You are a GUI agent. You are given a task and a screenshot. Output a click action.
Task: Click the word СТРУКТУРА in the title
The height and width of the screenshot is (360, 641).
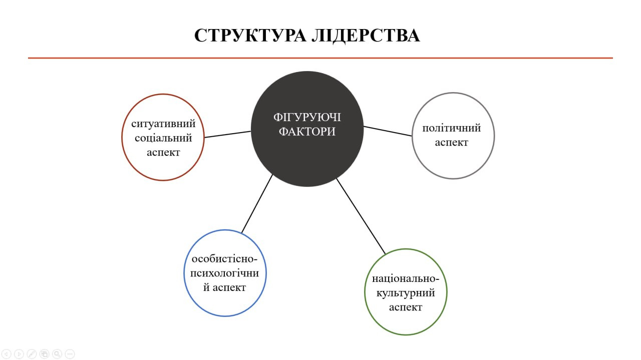click(250, 36)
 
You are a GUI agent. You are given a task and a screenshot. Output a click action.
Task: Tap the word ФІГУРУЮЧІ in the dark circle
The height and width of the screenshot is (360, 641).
click(307, 117)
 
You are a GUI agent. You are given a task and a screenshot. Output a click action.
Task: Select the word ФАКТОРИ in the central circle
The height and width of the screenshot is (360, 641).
click(307, 132)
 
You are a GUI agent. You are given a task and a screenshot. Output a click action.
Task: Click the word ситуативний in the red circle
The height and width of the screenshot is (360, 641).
click(163, 124)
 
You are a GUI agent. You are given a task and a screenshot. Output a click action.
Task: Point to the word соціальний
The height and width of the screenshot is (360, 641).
click(163, 138)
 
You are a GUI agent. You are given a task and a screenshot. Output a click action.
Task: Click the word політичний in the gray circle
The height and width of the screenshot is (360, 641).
click(452, 128)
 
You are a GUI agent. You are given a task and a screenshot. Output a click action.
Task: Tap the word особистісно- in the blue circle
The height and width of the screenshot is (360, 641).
click(225, 259)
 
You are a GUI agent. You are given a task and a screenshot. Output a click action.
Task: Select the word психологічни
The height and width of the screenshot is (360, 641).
click(225, 273)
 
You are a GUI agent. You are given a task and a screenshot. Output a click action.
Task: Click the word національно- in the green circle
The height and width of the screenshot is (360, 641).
click(406, 278)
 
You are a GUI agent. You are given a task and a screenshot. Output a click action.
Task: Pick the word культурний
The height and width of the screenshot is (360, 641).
click(406, 293)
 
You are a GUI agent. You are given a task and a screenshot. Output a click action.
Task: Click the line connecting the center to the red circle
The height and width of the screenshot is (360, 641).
click(228, 134)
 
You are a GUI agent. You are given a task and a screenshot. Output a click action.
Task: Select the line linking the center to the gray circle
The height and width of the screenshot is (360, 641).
click(388, 131)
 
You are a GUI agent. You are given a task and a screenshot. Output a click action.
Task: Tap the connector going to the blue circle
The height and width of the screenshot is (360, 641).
click(257, 204)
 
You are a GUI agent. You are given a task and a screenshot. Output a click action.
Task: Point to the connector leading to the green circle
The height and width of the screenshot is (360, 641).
click(361, 216)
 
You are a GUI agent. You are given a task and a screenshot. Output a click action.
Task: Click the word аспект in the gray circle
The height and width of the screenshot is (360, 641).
click(452, 143)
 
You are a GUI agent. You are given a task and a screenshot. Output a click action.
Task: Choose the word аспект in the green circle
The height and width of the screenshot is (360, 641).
click(406, 307)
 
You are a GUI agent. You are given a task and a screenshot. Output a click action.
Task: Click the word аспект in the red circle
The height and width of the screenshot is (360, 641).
click(163, 153)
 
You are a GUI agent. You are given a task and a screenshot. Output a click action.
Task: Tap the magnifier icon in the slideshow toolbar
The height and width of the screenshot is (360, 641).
click(57, 354)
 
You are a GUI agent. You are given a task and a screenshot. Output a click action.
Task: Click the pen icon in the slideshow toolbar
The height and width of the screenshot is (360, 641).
click(32, 354)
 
